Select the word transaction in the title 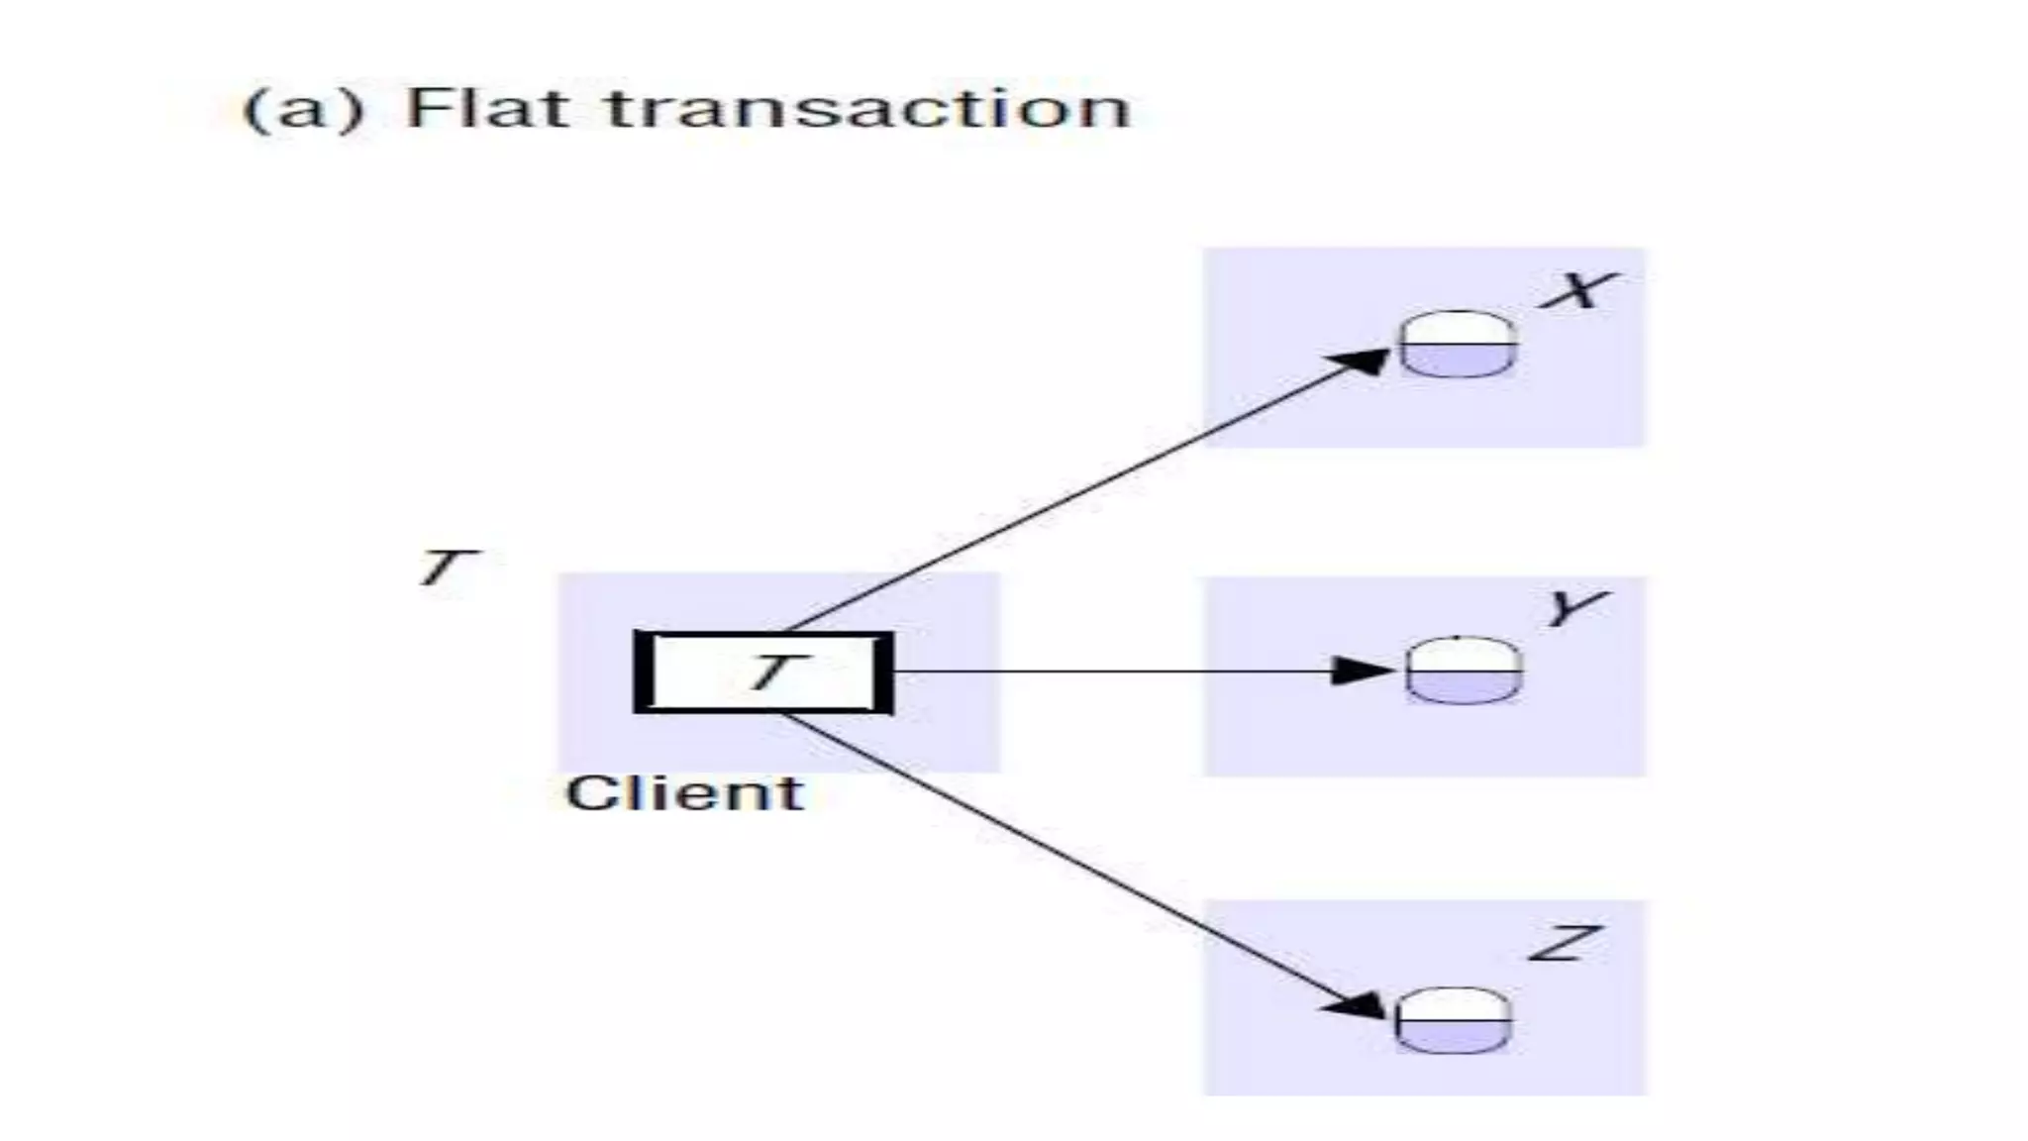[868, 108]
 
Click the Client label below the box [684, 793]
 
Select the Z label [1565, 943]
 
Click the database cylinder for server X [1458, 344]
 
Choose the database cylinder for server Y [1464, 671]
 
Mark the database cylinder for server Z [1454, 1020]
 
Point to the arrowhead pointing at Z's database [1359, 1006]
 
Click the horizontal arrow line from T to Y [1109, 672]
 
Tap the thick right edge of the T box [884, 672]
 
